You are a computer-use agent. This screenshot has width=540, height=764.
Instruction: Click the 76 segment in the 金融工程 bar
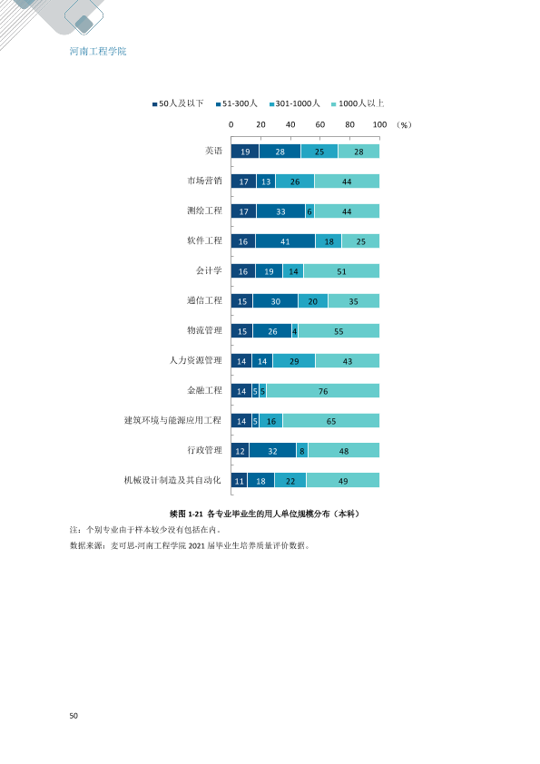[x=322, y=391]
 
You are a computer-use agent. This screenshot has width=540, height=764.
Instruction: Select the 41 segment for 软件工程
[x=286, y=241]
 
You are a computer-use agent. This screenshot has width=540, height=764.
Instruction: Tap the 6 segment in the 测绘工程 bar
[x=309, y=211]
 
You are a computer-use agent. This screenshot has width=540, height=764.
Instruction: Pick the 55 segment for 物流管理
[x=339, y=331]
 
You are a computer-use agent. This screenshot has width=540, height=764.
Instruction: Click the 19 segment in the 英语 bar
[x=245, y=151]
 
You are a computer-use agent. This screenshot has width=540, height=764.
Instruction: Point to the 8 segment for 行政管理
[x=302, y=451]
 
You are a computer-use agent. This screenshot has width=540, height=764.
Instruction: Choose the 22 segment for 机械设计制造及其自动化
[x=290, y=480]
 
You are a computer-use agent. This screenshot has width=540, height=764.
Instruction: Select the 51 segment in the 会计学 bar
[x=341, y=271]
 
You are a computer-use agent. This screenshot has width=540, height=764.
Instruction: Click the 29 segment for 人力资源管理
[x=294, y=361]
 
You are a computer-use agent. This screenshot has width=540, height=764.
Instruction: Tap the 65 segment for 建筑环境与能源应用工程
[x=331, y=420]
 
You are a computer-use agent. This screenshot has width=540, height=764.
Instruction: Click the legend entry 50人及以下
[x=178, y=103]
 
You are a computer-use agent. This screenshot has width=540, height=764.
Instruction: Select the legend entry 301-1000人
[x=294, y=103]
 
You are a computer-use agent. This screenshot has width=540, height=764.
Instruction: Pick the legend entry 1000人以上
[x=358, y=103]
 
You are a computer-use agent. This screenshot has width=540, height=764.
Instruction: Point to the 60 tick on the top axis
[x=320, y=124]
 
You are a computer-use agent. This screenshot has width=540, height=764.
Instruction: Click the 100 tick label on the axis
[x=379, y=124]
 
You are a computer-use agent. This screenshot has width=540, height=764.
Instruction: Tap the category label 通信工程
[x=205, y=300]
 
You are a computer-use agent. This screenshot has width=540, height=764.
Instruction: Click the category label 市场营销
[x=205, y=181]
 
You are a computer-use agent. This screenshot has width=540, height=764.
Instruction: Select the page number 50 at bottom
[x=74, y=716]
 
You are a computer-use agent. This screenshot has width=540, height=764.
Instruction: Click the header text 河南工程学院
[x=98, y=51]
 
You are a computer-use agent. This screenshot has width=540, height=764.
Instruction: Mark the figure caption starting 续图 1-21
[x=264, y=514]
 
